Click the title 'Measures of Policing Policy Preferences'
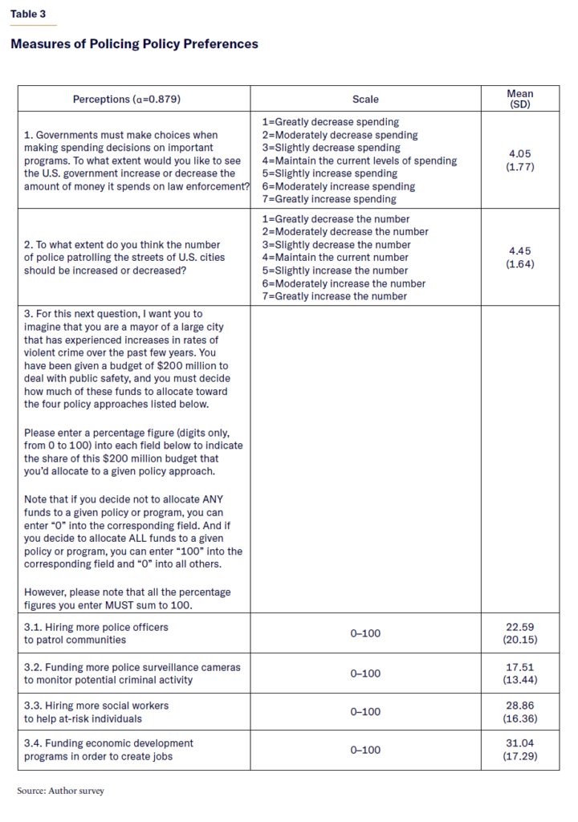click(x=134, y=44)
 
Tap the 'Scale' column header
click(x=365, y=100)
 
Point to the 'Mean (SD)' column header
click(x=519, y=100)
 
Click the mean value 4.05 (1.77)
click(x=519, y=161)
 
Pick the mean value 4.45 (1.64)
click(x=519, y=257)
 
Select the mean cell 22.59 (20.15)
click(x=519, y=633)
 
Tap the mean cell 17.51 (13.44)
click(x=519, y=673)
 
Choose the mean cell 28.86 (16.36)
click(x=519, y=711)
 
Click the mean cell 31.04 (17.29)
click(x=519, y=750)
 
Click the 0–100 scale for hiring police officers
click(x=365, y=633)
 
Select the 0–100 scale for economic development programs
click(x=365, y=750)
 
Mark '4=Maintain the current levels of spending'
click(x=359, y=161)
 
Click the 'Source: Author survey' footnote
click(x=61, y=791)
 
